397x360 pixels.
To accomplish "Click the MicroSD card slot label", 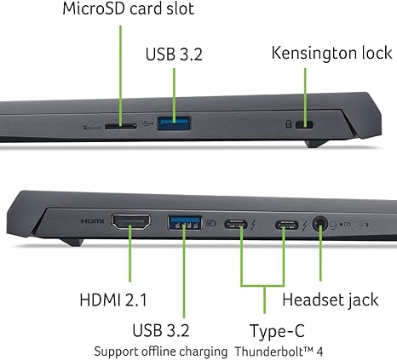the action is click(x=128, y=9).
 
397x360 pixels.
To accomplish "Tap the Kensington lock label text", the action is click(x=331, y=53).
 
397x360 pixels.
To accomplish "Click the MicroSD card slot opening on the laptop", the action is click(x=121, y=126).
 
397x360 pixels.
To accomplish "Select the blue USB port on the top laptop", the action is click(x=174, y=123).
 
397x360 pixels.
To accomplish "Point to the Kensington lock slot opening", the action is click(x=305, y=124).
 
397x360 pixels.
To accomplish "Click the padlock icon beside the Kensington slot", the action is click(x=289, y=124).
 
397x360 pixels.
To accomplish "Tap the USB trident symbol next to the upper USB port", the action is click(x=148, y=123).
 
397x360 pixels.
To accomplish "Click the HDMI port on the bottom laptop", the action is click(x=130, y=222).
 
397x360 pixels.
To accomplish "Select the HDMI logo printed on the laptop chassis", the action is click(x=92, y=220).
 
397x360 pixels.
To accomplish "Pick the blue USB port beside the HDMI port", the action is click(x=185, y=223).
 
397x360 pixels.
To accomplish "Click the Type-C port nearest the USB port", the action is click(x=236, y=225).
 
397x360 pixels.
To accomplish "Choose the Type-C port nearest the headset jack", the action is click(x=287, y=226).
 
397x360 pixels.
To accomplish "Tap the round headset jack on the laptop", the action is click(x=320, y=224).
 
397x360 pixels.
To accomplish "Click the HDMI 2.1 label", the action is click(x=113, y=300).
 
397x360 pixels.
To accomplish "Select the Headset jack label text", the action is click(x=331, y=300).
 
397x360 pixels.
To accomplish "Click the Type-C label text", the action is click(x=277, y=331).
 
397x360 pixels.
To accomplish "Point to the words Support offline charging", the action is click(x=161, y=351).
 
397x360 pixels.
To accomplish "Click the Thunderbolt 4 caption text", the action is click(x=279, y=351).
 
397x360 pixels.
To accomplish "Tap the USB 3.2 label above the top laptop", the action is click(x=174, y=54).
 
